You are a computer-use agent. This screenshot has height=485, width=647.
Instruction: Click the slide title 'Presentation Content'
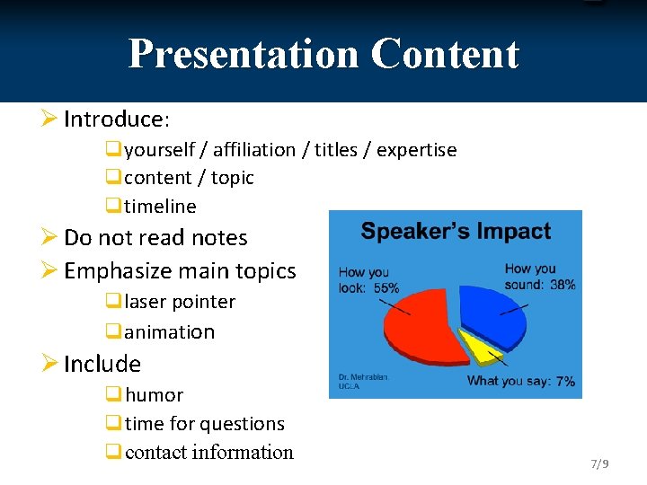click(323, 54)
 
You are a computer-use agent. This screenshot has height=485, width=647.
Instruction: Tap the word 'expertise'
click(416, 150)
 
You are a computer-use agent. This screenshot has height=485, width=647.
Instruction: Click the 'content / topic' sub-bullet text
click(189, 178)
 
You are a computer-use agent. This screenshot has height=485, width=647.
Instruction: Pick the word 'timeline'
click(160, 207)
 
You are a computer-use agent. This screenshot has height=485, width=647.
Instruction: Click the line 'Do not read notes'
click(155, 238)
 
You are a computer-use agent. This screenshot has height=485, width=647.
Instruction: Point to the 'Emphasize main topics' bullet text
click(180, 270)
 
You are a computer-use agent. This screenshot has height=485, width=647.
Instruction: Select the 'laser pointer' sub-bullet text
click(180, 302)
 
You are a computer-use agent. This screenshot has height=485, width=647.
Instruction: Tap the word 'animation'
click(170, 332)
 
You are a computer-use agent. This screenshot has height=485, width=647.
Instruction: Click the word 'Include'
click(102, 364)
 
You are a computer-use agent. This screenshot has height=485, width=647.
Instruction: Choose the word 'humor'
click(155, 395)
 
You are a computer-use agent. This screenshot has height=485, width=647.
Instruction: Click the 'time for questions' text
click(205, 424)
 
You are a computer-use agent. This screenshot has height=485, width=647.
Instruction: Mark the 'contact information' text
click(209, 453)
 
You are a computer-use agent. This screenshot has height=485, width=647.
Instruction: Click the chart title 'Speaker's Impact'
click(456, 231)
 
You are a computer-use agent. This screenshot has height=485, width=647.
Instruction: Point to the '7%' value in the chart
click(565, 382)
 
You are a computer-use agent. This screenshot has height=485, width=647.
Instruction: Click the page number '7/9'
click(599, 464)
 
